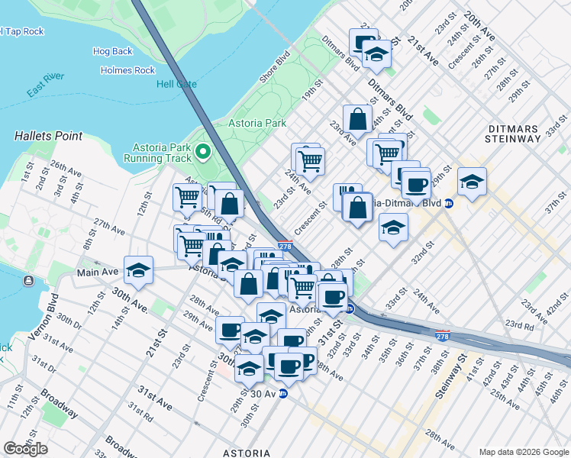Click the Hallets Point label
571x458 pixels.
click(48, 136)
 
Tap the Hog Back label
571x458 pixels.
click(112, 51)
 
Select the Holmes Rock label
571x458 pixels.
click(127, 70)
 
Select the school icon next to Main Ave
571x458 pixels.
click(138, 269)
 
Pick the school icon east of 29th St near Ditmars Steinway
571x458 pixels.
click(473, 182)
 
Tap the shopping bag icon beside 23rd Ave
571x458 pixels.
click(357, 118)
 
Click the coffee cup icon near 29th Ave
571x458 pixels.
click(230, 330)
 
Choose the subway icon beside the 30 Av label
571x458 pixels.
click(282, 394)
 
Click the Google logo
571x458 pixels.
click(25, 449)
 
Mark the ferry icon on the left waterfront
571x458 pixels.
click(28, 281)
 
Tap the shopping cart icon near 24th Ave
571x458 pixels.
click(310, 160)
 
